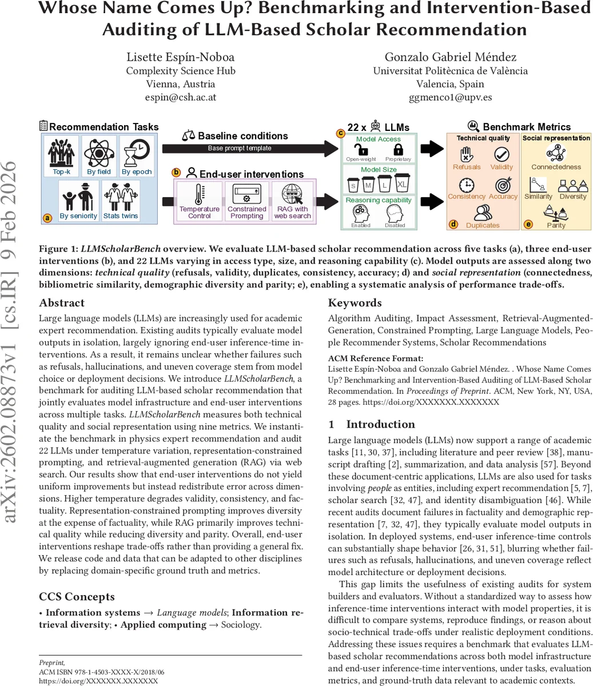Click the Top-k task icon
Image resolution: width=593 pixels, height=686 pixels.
(61, 151)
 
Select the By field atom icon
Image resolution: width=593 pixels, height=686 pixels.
(100, 151)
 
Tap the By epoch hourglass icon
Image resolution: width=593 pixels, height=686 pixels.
(137, 151)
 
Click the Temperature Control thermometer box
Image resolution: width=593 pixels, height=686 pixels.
(199, 200)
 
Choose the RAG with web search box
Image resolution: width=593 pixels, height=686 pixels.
(292, 200)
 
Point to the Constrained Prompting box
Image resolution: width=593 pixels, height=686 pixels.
(246, 200)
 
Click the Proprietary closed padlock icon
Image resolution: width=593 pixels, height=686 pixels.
(398, 150)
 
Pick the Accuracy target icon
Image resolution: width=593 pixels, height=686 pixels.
(503, 185)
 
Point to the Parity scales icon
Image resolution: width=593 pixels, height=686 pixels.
(555, 213)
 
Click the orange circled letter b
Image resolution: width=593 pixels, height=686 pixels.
(176, 172)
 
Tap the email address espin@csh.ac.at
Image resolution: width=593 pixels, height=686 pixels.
(180, 97)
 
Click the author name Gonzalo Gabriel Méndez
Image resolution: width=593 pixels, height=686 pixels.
(450, 57)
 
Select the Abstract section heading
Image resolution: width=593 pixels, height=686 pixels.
(62, 303)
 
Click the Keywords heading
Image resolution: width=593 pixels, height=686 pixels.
(355, 303)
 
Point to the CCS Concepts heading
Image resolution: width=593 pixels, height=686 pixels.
(77, 597)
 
